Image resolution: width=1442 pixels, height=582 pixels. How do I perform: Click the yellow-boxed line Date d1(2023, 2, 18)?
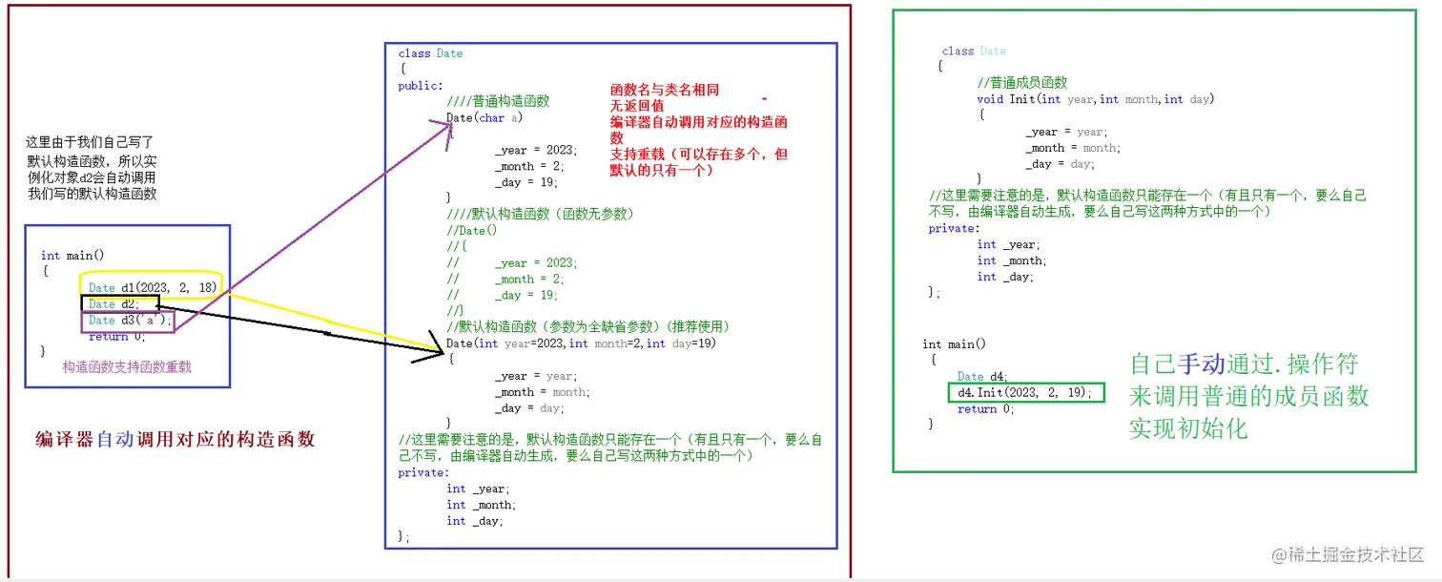(x=153, y=287)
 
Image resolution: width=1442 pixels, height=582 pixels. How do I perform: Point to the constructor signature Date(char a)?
(x=484, y=118)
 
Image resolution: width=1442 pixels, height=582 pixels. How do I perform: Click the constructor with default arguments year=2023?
(x=581, y=343)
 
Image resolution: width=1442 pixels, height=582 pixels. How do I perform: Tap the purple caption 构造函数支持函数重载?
(x=127, y=366)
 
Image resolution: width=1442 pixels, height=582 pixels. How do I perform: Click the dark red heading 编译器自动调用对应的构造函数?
(x=175, y=440)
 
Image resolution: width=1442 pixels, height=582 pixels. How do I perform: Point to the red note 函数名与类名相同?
(x=665, y=91)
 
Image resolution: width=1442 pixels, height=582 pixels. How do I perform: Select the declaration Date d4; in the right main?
(x=982, y=377)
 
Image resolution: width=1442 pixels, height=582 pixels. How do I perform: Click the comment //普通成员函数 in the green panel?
(x=1022, y=83)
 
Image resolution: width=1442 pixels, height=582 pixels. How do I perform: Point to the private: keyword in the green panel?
(x=953, y=229)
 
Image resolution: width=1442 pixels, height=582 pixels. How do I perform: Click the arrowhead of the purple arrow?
(x=446, y=128)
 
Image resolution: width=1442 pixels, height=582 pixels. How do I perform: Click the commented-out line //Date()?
(x=471, y=230)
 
